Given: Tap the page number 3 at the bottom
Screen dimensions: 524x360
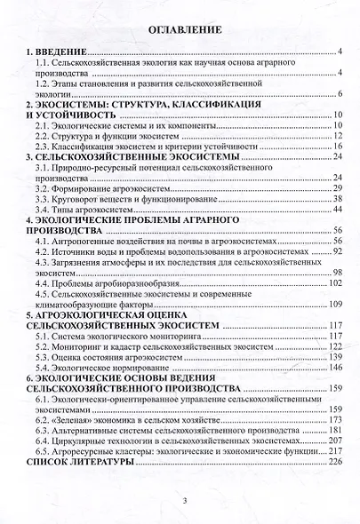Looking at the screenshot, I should pos(180,500).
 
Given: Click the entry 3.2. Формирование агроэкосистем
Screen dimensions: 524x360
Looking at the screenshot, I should pos(109,188).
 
